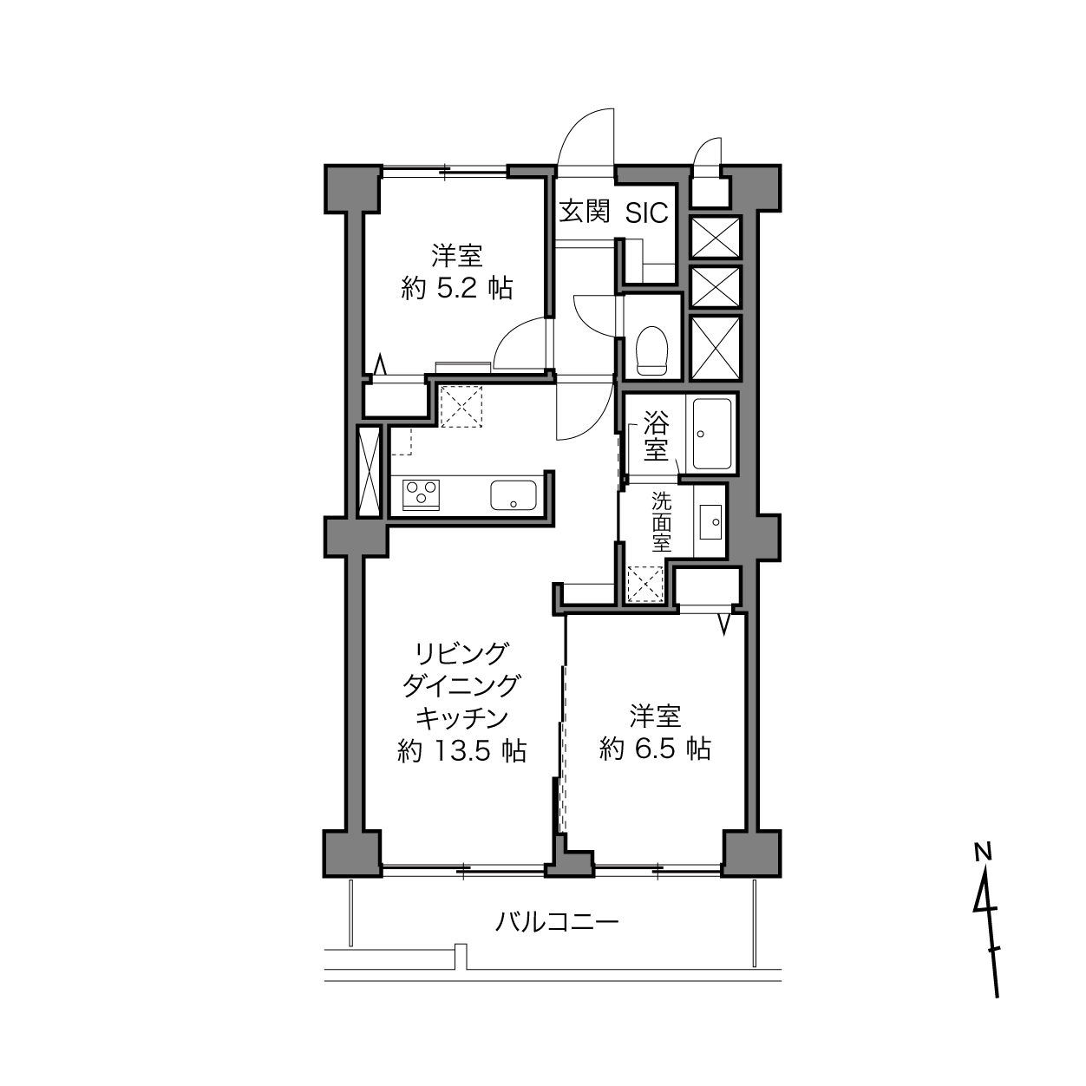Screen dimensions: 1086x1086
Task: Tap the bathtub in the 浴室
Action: [711, 434]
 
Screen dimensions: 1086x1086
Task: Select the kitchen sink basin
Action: [514, 495]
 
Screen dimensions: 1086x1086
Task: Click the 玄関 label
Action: [585, 212]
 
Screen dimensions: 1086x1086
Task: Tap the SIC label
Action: [647, 213]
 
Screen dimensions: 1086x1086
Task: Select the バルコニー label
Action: [557, 921]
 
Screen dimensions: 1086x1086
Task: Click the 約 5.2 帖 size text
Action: [457, 288]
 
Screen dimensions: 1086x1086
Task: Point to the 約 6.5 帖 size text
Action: [655, 748]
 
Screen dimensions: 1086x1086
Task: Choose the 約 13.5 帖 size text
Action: [461, 750]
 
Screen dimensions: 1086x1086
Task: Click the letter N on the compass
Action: [983, 852]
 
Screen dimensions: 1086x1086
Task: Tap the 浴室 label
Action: [656, 437]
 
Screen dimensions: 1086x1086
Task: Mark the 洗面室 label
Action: [662, 522]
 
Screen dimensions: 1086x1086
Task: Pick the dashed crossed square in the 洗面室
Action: [644, 583]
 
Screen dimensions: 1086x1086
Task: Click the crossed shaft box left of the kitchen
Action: [370, 471]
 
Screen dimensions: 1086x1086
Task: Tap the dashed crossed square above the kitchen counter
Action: [461, 405]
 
